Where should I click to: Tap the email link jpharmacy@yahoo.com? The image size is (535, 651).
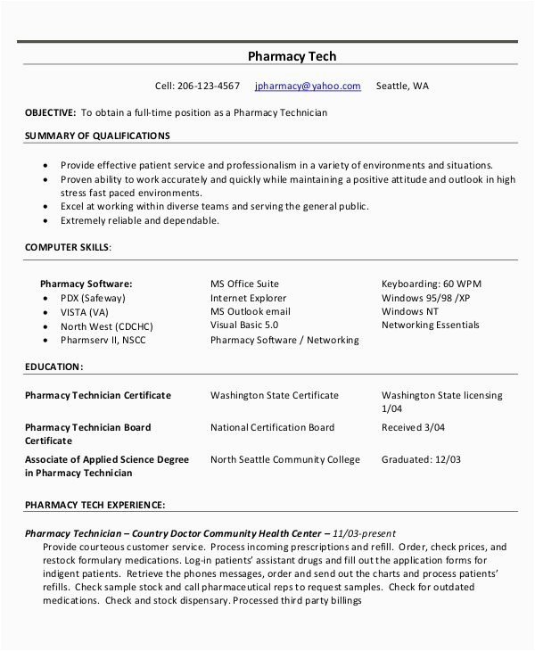pos(308,87)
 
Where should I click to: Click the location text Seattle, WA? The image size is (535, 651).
pos(402,87)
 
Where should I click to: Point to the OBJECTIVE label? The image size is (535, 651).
pos(50,113)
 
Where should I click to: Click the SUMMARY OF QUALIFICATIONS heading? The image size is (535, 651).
pos(96,136)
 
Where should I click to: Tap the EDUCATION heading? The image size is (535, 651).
pos(53,366)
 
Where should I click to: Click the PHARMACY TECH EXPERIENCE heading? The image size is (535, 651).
pos(95,506)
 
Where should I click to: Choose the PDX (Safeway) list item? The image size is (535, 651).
pos(93,298)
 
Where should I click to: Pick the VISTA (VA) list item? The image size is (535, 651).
pos(85,311)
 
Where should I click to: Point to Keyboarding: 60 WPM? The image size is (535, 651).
pos(431,284)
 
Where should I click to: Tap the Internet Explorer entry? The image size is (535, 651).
pos(249,298)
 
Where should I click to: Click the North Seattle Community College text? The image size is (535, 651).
pos(285,460)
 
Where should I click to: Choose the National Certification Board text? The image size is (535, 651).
pos(273,427)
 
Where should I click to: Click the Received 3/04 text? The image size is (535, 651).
pos(413,427)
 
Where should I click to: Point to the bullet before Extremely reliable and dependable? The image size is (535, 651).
pos(44,219)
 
